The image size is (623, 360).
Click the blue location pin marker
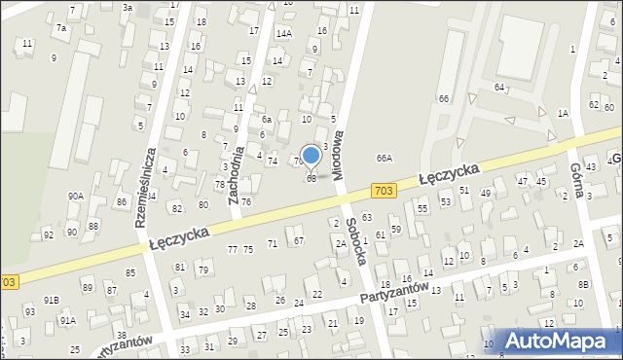click(x=311, y=156)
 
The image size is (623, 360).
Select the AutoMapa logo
click(x=551, y=342)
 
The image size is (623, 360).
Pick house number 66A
click(x=385, y=158)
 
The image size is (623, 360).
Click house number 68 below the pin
click(x=311, y=178)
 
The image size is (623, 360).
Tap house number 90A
click(x=75, y=196)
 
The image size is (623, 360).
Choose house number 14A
click(x=283, y=33)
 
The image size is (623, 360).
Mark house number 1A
click(x=563, y=113)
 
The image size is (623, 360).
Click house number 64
click(x=498, y=88)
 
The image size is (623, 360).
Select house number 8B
click(x=583, y=283)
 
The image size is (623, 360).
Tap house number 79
click(x=202, y=270)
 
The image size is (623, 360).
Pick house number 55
click(x=422, y=208)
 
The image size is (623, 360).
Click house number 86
click(x=122, y=201)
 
